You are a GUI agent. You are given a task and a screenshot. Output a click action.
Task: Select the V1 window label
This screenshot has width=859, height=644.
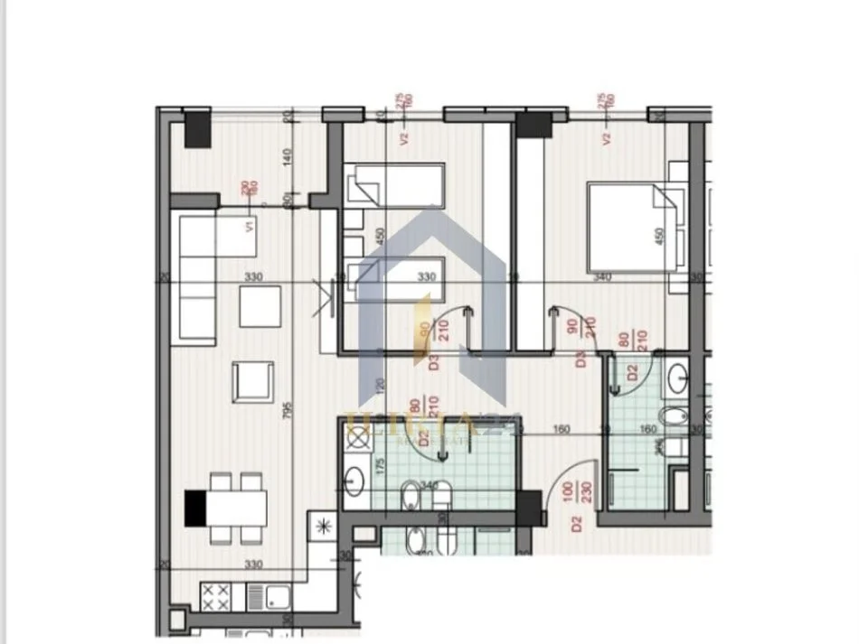pos(247,227)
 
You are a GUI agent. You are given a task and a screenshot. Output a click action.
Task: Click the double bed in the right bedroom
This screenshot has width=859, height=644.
pos(633,227)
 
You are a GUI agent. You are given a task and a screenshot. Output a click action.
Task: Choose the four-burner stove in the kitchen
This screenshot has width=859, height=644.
pos(214,595)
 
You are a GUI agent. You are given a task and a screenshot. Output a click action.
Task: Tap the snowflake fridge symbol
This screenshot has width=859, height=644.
pos(321,525)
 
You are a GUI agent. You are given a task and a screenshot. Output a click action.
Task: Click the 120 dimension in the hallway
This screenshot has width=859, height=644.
pos(380,387)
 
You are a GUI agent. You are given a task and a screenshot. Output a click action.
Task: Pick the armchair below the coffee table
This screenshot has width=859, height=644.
pos(252,381)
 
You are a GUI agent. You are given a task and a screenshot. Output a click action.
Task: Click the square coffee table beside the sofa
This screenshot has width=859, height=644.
pos(260,305)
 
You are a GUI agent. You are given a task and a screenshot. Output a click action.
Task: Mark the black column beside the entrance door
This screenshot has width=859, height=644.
pos(528,507)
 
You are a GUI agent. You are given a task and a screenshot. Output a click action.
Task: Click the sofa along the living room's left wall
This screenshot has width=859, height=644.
pos(197,279)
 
